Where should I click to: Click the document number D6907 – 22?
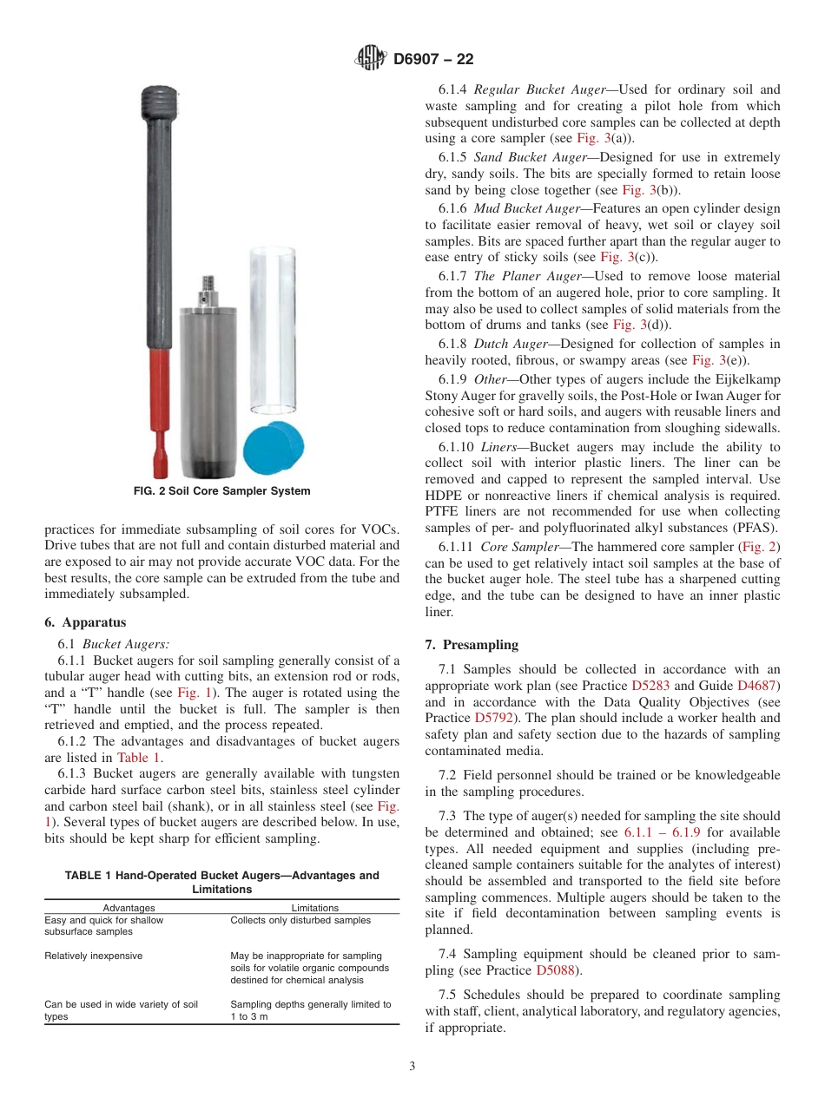point(433,60)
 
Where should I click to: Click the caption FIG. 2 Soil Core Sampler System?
point(221,491)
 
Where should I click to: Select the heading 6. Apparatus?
point(85,622)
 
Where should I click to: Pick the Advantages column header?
point(129,908)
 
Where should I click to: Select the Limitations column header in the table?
point(314,908)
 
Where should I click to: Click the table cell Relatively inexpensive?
point(93,956)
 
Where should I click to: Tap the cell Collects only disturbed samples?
point(300,920)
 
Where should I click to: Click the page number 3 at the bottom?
point(412,1067)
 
